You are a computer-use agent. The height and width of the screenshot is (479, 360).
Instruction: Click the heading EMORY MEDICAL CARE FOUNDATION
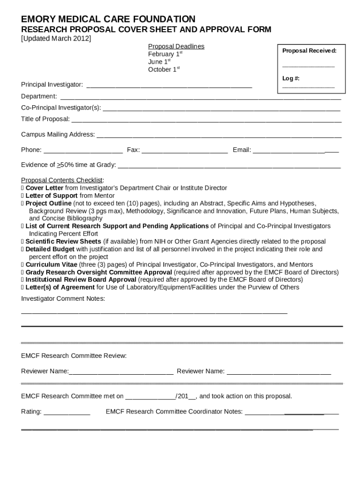[x=108, y=19]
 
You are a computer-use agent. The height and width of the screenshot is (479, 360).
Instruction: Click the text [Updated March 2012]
[x=56, y=38]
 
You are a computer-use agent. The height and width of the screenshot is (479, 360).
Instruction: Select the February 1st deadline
[x=165, y=54]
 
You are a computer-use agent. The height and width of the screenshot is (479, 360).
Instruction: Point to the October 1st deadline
[x=164, y=70]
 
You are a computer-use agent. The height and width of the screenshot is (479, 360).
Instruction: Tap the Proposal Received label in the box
[x=309, y=51]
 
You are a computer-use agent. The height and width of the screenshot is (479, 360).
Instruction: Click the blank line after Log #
[x=309, y=87]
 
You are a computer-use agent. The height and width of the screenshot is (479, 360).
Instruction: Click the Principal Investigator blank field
[x=169, y=85]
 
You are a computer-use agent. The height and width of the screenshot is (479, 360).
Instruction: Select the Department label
[x=39, y=96]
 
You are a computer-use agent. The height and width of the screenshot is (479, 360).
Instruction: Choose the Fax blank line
[x=184, y=151]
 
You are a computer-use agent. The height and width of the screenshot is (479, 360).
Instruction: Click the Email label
[x=242, y=150]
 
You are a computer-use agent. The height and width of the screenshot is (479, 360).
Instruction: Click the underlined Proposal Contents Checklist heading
[x=62, y=180]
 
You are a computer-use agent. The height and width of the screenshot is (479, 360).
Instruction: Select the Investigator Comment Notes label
[x=63, y=298]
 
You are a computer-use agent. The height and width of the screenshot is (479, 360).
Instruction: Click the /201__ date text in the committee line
[x=186, y=396]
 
